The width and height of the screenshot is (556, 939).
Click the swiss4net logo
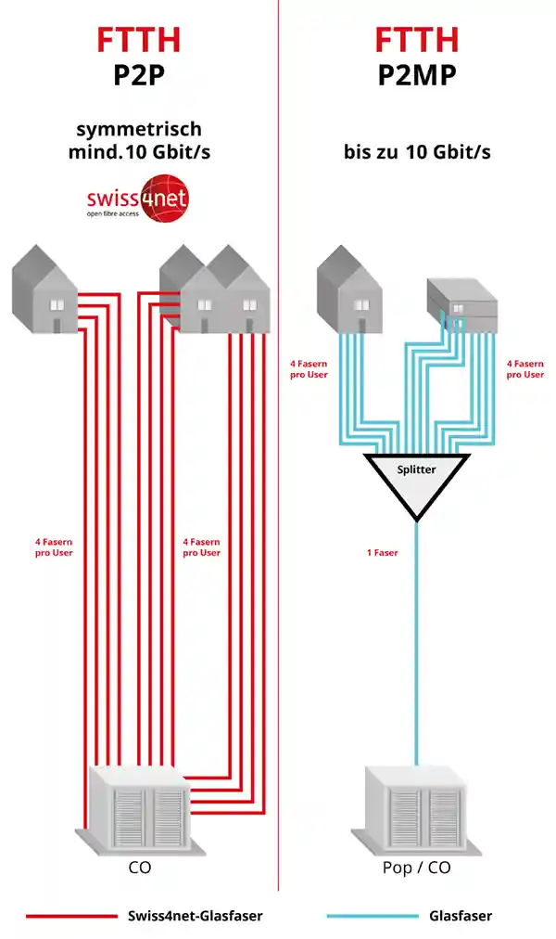(138, 201)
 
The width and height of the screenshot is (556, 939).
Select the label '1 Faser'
(382, 553)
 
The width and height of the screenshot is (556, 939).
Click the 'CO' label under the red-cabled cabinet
(138, 868)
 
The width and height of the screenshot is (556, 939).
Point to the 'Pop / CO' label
(416, 868)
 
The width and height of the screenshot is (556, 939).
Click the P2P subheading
(138, 74)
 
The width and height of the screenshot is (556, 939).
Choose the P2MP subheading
(416, 74)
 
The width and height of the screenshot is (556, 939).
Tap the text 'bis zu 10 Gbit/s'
(416, 152)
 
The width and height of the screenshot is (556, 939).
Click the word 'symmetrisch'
(138, 129)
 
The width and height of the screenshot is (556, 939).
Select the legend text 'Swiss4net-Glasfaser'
(196, 916)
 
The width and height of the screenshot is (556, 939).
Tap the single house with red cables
(44, 290)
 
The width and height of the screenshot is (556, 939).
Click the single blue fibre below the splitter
(416, 650)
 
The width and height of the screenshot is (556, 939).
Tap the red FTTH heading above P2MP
(416, 40)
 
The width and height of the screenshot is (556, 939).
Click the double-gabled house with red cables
(215, 289)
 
